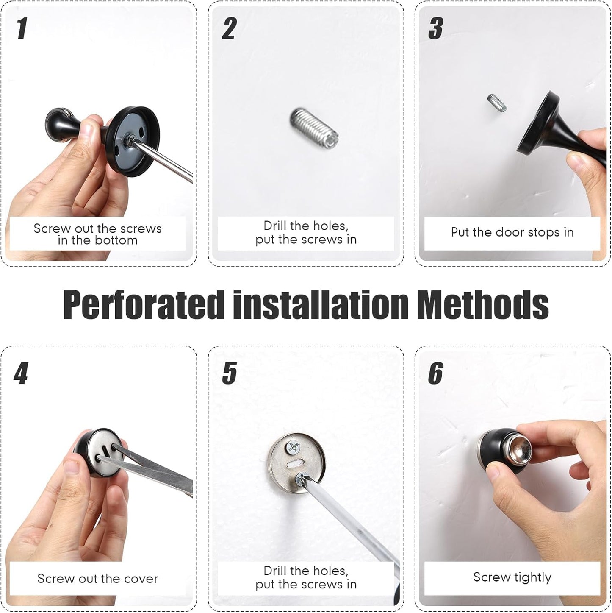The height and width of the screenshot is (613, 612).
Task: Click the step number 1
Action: tap(22, 28)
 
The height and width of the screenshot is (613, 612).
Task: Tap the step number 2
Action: tap(229, 28)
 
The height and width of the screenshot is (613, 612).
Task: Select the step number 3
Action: tap(436, 28)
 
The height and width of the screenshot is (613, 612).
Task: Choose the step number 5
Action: tap(229, 373)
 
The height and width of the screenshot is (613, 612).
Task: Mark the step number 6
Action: tap(436, 373)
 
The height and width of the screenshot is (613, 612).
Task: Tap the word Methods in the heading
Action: tap(482, 304)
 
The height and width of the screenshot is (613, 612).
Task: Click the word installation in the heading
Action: tap(321, 304)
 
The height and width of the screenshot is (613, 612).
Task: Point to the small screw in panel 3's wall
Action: tap(497, 103)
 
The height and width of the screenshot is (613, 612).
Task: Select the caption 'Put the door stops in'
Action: tap(512, 232)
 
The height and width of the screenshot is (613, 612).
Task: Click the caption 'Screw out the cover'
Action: tap(97, 579)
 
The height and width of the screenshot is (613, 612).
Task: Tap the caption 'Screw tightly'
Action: tap(512, 577)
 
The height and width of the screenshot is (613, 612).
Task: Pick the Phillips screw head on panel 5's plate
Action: tap(293, 446)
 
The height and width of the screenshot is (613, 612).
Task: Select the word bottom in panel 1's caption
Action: tap(116, 240)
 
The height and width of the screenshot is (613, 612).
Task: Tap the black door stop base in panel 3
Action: tap(538, 123)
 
